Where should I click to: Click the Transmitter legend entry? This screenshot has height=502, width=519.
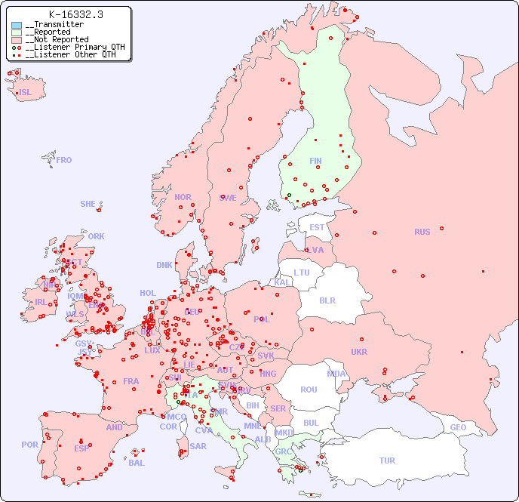pos(54,25)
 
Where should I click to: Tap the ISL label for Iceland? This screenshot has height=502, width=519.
pos(26,93)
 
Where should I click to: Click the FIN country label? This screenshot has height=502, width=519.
pos(315,161)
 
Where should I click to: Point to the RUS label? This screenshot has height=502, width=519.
pos(422,232)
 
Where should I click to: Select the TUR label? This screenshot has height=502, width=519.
pos(387,460)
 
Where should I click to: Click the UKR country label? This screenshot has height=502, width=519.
pos(359,352)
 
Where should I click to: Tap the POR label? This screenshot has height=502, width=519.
pos(29,445)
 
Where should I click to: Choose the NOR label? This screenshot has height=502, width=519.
pos(183,197)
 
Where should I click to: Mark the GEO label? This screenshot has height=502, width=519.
pos(458,427)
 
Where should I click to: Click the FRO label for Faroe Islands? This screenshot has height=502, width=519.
pos(64,160)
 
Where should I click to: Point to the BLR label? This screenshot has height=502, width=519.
pos(327,300)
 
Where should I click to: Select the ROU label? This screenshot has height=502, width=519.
pos(309,390)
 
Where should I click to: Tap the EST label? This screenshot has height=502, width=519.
pos(317,227)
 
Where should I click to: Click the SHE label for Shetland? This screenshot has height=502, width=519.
pos(88,204)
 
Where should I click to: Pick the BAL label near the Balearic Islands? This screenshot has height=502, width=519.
pos(137,463)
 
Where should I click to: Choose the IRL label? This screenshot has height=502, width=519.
pos(41,302)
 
